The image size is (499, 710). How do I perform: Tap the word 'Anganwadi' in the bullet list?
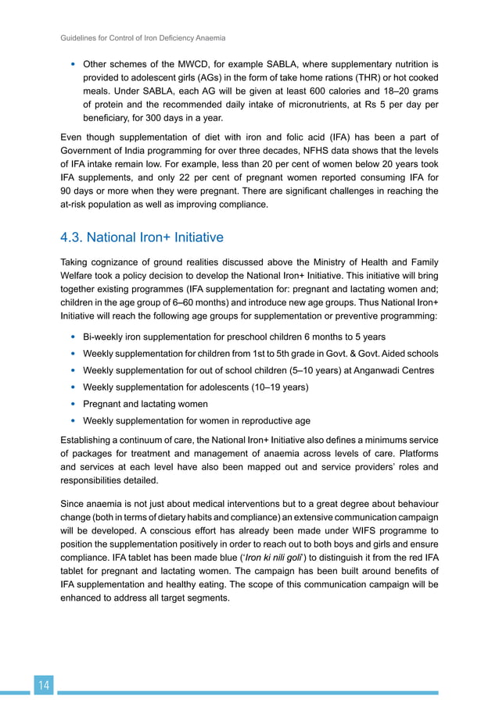click(x=364, y=370)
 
